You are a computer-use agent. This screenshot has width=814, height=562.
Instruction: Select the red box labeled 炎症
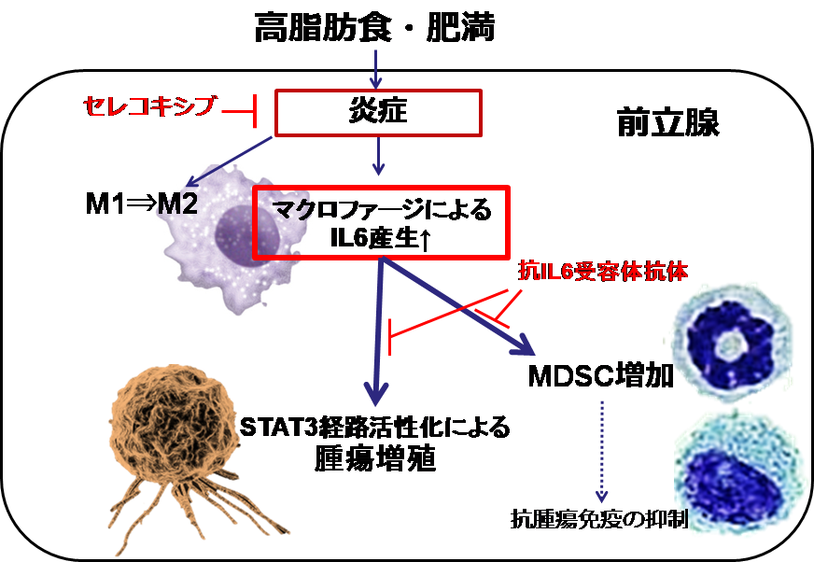point(377,112)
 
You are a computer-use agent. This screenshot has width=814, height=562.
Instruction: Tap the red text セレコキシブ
point(141,107)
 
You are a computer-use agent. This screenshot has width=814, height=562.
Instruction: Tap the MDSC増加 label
point(598,377)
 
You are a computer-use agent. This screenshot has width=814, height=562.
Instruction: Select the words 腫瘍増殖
point(374,459)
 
